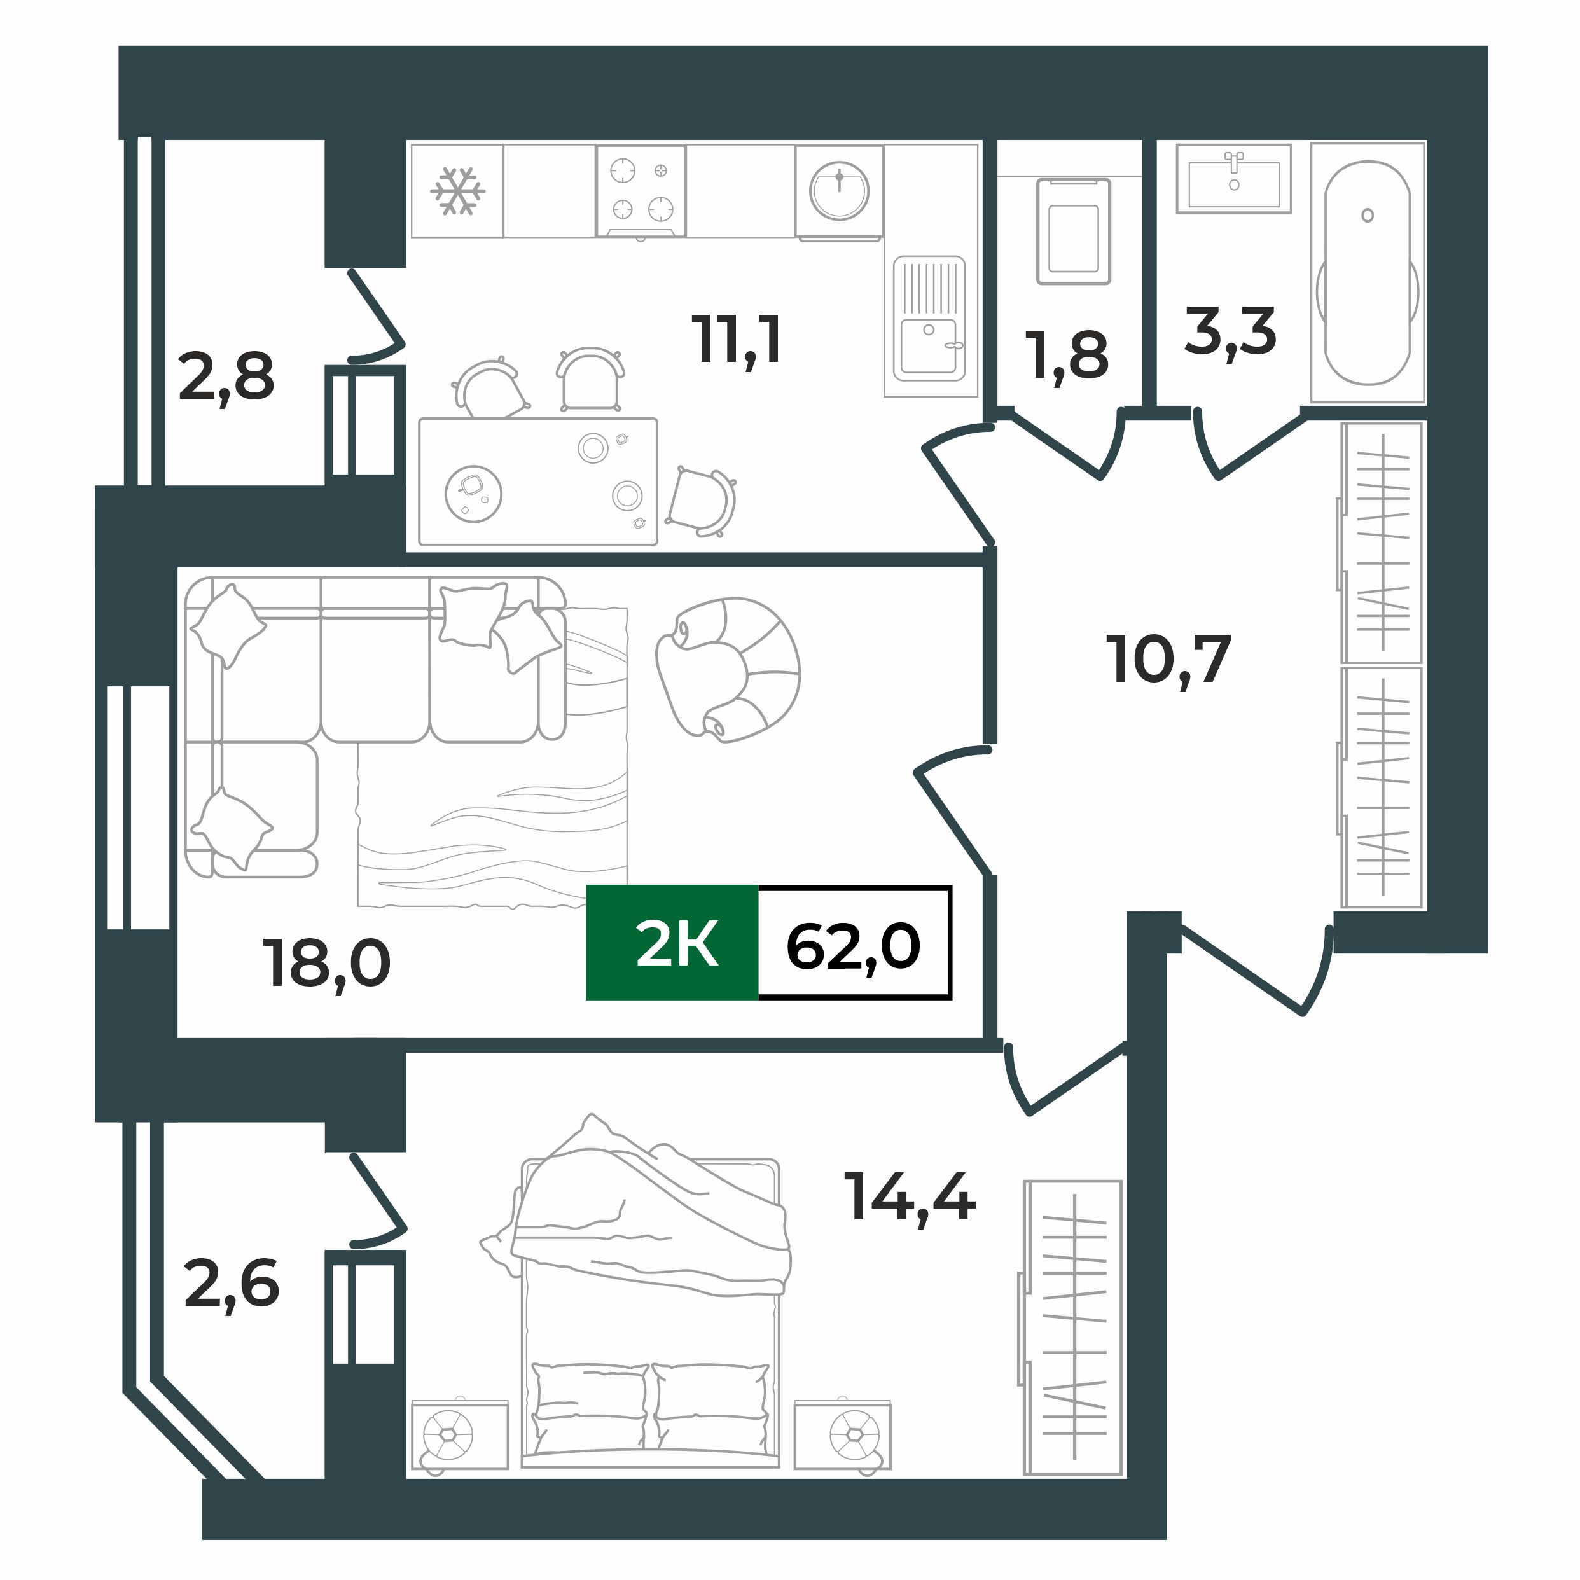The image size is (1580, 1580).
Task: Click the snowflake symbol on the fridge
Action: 458,191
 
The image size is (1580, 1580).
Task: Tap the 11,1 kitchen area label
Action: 737,340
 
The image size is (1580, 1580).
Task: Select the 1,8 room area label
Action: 1070,356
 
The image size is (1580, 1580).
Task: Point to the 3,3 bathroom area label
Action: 1230,331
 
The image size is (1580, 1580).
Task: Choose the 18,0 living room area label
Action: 326,962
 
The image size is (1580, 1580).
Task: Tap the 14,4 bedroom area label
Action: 910,1196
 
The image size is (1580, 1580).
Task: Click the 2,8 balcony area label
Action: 226,377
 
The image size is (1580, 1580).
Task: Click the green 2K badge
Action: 672,943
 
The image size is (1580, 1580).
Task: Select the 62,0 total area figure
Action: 854,945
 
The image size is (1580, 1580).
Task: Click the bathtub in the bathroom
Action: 1368,273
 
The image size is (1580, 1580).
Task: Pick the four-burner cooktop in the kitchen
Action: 641,191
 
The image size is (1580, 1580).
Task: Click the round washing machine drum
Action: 839,191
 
